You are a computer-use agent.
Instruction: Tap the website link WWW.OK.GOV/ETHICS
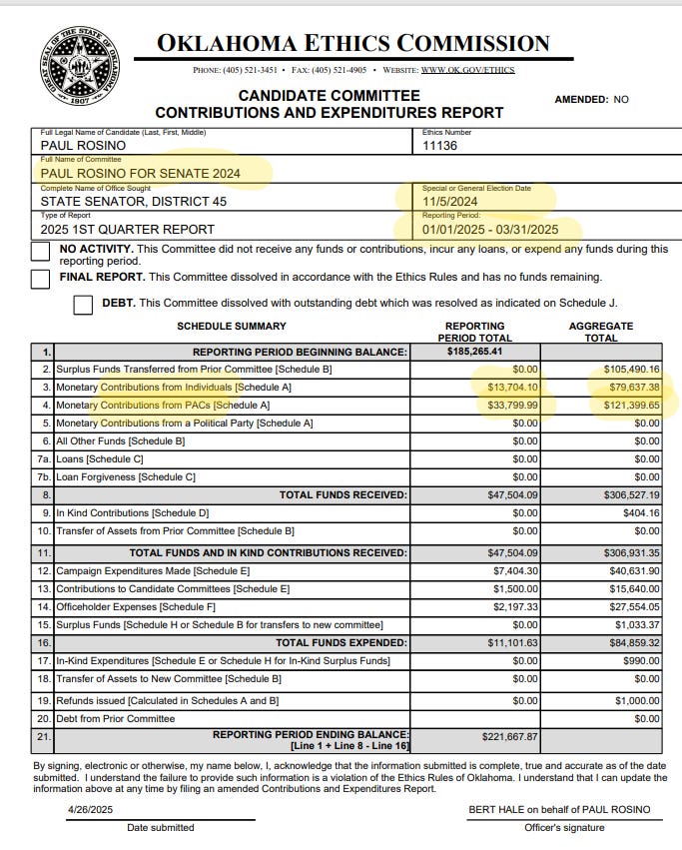click(x=483, y=70)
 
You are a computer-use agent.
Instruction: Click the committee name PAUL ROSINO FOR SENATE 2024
click(x=141, y=173)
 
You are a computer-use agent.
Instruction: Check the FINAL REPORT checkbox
click(x=40, y=279)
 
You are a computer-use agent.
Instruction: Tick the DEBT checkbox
click(x=84, y=305)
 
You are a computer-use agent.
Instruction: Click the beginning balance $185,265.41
click(x=474, y=352)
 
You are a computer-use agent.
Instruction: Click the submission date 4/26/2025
click(x=93, y=809)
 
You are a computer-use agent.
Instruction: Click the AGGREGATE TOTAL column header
click(x=601, y=332)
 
